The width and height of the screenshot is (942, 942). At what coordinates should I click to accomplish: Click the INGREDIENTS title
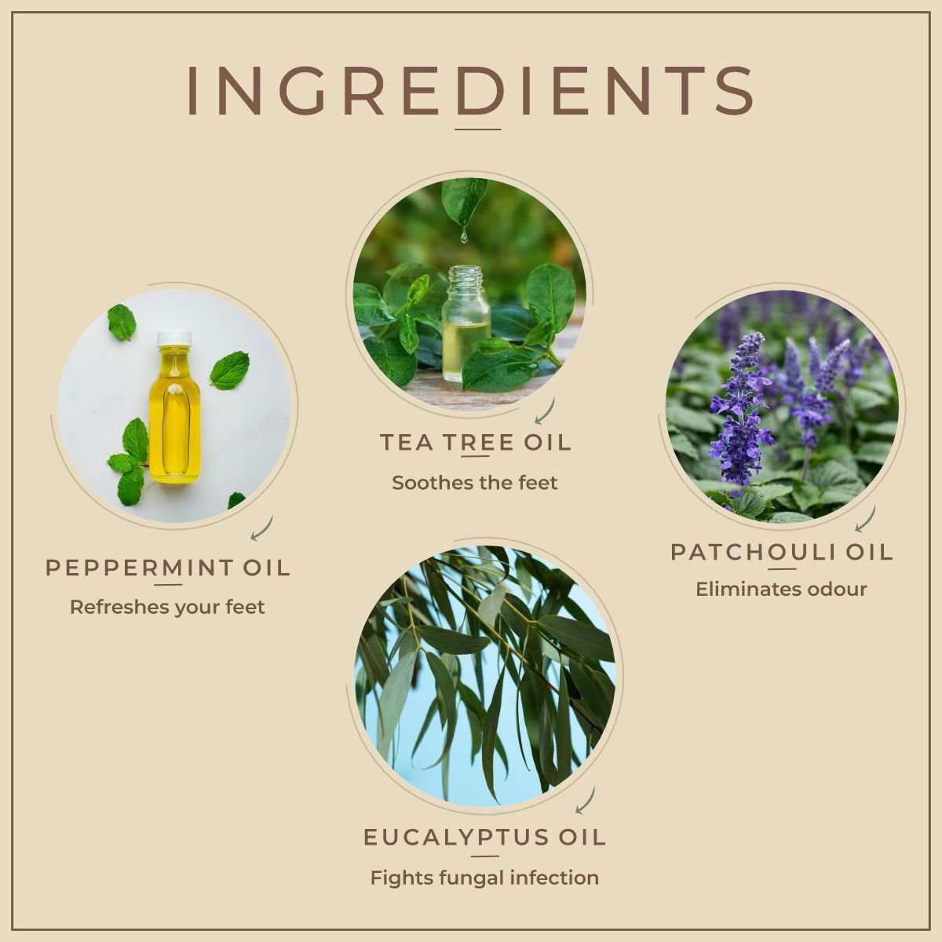click(469, 92)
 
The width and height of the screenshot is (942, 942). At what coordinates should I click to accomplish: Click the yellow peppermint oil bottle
click(174, 407)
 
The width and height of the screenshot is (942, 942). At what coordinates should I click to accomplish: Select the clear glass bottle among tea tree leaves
click(466, 323)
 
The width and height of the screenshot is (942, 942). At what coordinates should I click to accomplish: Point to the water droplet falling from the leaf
click(463, 236)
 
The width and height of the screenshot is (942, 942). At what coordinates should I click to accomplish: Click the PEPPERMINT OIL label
click(168, 568)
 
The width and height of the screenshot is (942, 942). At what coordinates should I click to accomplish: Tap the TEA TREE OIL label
click(475, 443)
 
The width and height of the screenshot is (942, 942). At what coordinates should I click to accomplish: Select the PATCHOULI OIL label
click(781, 553)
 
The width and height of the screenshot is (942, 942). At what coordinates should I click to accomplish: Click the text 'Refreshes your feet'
click(167, 607)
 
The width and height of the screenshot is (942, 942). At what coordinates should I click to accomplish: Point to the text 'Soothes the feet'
click(475, 483)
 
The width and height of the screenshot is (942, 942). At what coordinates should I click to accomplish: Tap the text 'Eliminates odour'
click(781, 589)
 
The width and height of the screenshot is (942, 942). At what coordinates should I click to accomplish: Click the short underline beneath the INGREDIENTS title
click(477, 129)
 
